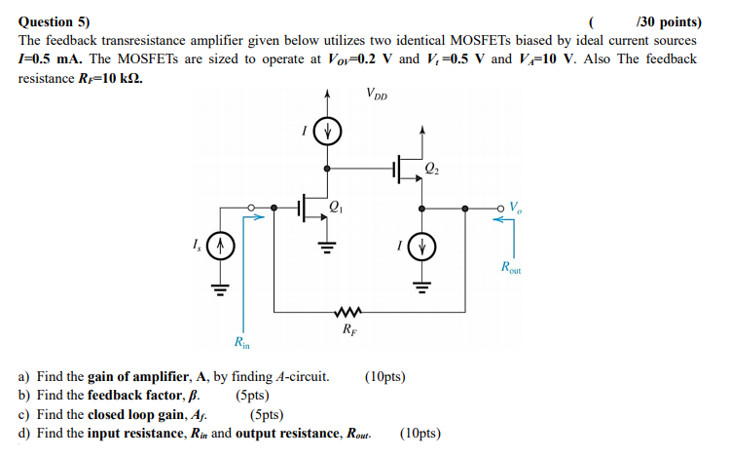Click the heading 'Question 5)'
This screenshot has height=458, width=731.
[x=55, y=20]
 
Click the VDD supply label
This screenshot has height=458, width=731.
[x=377, y=95]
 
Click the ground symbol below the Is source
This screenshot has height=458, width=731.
[x=220, y=288]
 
